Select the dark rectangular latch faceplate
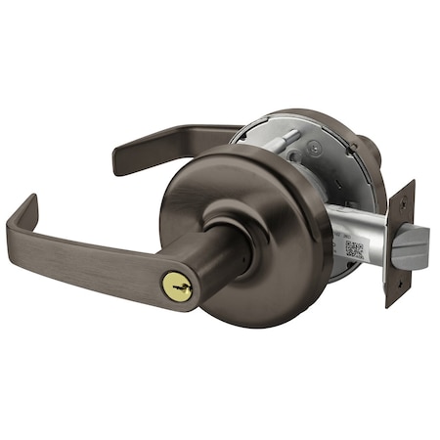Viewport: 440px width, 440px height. (399, 244)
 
